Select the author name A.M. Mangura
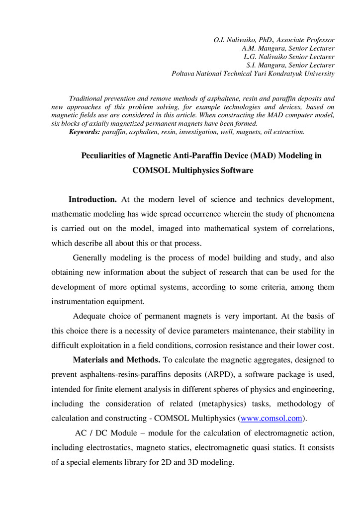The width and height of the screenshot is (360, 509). pos(263,48)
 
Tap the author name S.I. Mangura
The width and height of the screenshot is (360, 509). pos(266,65)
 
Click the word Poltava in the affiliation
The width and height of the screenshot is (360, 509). pos(183,74)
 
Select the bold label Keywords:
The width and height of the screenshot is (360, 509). pos(85,132)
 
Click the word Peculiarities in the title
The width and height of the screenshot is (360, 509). pos(104,156)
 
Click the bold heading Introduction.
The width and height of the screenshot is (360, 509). pos(92,199)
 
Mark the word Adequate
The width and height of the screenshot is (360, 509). pos(91,316)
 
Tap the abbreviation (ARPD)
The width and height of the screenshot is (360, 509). pos(211,374)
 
